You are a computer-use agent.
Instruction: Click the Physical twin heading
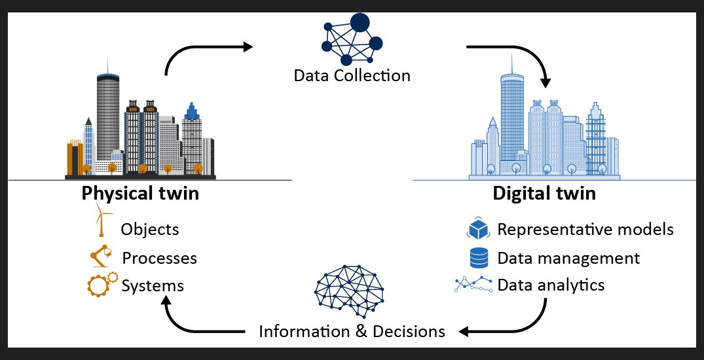click(140, 194)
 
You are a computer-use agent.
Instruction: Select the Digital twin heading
click(544, 194)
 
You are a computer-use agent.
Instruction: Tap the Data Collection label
click(352, 75)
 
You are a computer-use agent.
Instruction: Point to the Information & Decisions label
click(352, 331)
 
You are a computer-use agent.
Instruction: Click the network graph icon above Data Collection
click(352, 39)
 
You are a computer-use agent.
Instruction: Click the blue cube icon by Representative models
click(479, 228)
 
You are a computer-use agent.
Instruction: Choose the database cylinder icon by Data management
click(479, 257)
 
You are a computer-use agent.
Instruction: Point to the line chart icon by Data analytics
click(473, 285)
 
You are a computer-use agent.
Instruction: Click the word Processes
click(159, 258)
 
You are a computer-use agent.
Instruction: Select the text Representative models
click(585, 229)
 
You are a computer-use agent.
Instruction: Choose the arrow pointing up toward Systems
click(183, 321)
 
